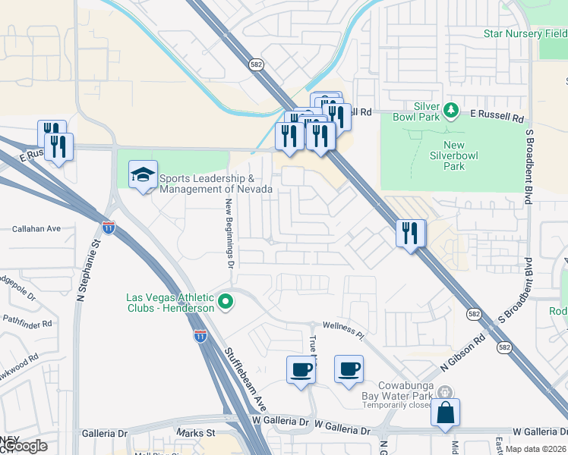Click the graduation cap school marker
click(x=143, y=176)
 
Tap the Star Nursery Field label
click(x=525, y=33)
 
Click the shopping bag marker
click(x=445, y=413)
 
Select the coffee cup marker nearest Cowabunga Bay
click(x=349, y=369)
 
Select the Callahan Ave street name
click(x=36, y=228)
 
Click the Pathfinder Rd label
click(x=26, y=323)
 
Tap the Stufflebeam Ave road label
click(x=245, y=376)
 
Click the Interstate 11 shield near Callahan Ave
click(x=109, y=227)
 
